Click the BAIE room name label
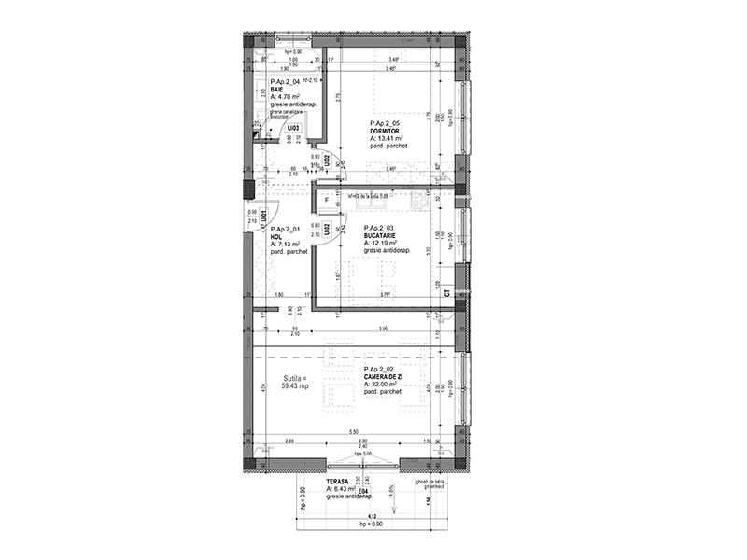[x=277, y=90]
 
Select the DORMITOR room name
[x=385, y=131]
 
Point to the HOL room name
[x=276, y=237]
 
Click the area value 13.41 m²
[x=390, y=138]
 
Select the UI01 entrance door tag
[x=265, y=217]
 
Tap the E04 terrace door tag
[x=363, y=491]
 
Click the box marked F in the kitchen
[x=326, y=199]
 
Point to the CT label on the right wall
[x=447, y=292]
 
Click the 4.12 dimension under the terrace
[x=372, y=516]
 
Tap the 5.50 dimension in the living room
[x=352, y=431]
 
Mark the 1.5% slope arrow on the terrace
[x=392, y=492]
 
